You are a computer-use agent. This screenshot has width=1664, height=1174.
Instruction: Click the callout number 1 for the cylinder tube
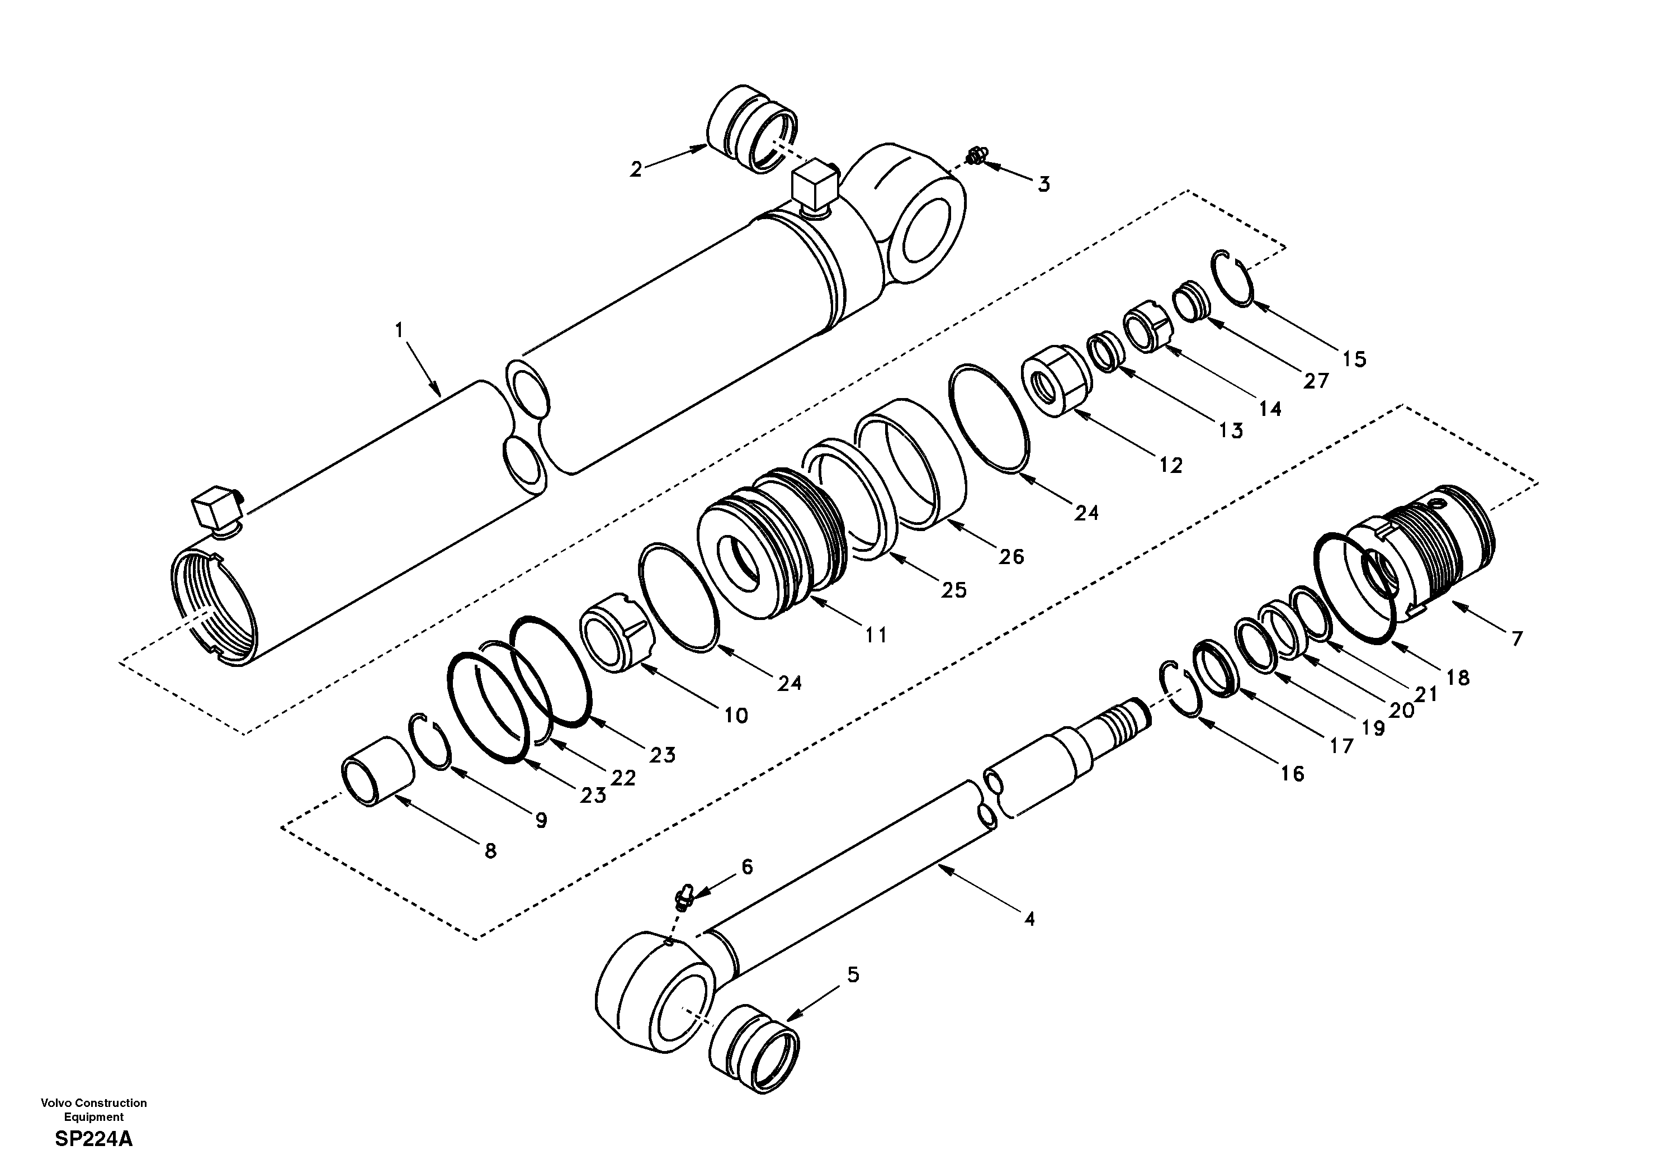point(399,330)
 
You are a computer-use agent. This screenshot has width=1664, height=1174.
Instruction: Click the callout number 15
point(1354,359)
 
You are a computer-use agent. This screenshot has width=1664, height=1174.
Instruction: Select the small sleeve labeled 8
point(377,772)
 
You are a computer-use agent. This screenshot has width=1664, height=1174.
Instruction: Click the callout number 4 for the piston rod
point(1030,920)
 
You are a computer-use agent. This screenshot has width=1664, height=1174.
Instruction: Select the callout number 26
point(1011,557)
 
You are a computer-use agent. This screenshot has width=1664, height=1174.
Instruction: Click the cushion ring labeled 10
point(616,631)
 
